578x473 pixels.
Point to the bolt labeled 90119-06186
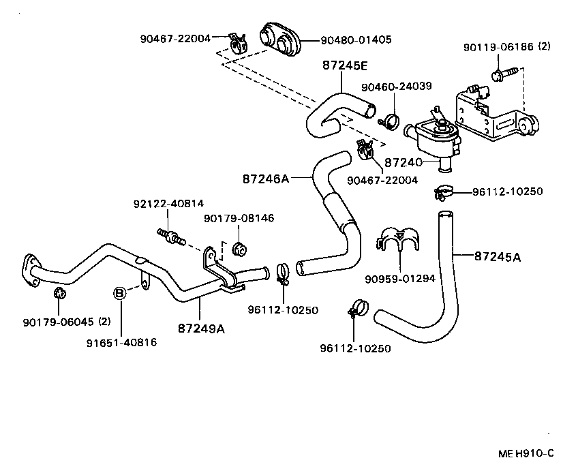point(499,73)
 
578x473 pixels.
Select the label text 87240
point(404,163)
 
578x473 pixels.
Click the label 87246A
point(266,179)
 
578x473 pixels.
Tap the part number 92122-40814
point(168,204)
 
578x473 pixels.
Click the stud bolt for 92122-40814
point(170,236)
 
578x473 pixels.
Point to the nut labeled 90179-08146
point(239,248)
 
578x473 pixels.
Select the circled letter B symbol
point(119,293)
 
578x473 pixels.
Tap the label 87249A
point(201,329)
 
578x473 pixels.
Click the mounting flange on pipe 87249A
point(29,269)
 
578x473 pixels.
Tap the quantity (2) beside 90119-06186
point(544,46)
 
